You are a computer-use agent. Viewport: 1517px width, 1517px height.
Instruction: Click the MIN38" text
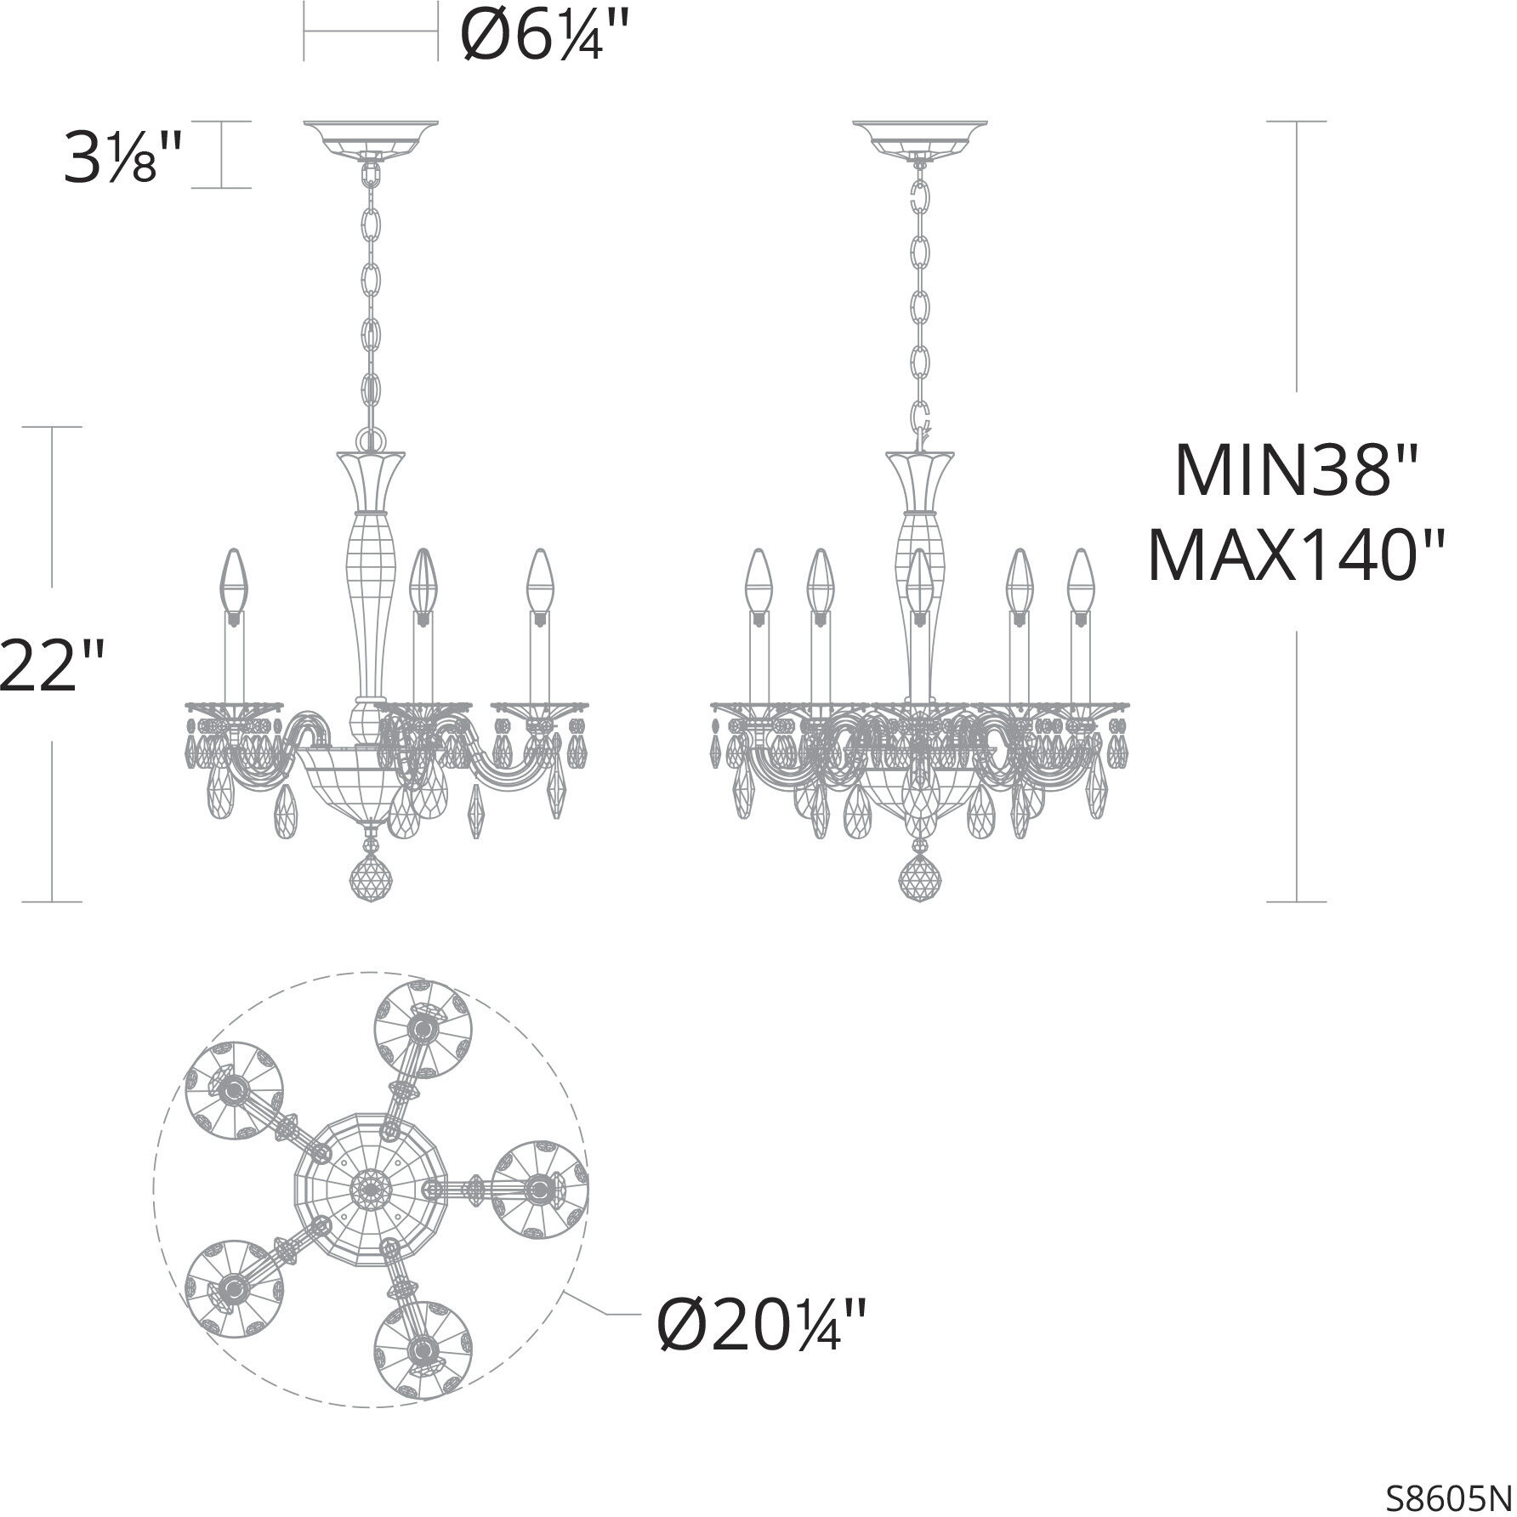(1296, 473)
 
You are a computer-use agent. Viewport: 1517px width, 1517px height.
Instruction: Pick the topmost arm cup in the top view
(423, 1029)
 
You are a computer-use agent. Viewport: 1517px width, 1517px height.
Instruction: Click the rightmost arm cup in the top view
(540, 1187)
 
